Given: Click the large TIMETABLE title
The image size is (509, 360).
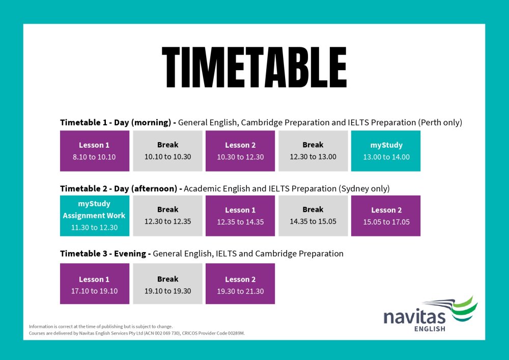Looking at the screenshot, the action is (254, 67).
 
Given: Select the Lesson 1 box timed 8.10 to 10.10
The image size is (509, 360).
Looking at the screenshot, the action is (95, 151).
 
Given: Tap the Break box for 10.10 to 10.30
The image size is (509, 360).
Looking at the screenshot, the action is (167, 151).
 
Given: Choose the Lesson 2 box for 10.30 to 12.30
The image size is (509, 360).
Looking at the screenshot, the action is (240, 151).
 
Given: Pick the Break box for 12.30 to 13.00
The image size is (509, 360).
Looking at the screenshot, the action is (313, 151).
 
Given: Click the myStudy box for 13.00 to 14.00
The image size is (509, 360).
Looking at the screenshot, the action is (386, 151).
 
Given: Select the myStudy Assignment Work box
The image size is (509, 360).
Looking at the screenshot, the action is (95, 216).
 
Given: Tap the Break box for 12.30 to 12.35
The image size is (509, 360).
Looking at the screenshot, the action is (167, 216).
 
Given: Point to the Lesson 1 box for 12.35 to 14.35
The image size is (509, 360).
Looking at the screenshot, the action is (240, 216).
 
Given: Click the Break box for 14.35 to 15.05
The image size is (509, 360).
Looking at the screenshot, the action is (313, 216).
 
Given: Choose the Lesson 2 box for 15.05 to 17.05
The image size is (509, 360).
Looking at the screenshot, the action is (386, 216).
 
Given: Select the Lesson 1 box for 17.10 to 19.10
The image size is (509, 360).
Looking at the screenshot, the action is (95, 284).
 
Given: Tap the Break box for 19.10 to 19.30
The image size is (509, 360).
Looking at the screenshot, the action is (167, 284).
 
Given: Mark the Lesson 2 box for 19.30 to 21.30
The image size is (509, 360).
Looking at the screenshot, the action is (240, 284).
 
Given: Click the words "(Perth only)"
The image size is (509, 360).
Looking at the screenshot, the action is (440, 123).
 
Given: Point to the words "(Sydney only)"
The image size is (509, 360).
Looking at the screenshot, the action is (364, 189).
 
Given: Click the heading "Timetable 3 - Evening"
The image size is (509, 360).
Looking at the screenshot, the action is (103, 254).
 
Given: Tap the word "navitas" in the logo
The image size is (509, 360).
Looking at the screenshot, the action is (414, 317).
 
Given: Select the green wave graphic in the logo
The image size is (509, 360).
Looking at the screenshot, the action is (465, 309).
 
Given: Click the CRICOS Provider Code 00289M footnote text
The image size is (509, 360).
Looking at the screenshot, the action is (213, 333).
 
